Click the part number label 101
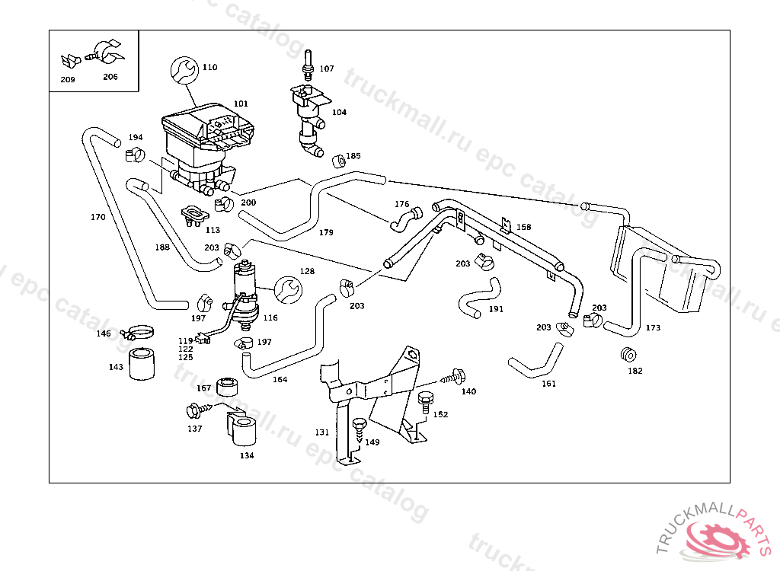click(241, 104)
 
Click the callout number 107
click(327, 69)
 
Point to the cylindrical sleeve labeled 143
click(142, 364)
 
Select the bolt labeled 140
click(456, 376)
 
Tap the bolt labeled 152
click(427, 400)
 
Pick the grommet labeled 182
click(629, 356)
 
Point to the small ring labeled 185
click(339, 161)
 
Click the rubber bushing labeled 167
click(227, 387)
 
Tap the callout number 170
click(98, 217)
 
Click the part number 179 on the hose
click(326, 232)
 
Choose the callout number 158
click(524, 227)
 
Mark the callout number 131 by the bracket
click(322, 432)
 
